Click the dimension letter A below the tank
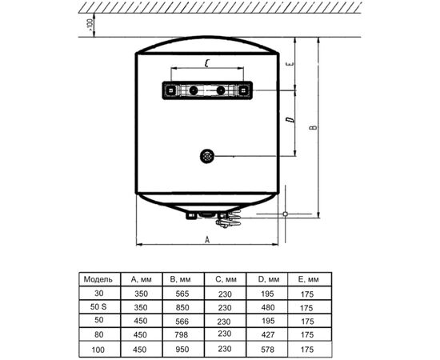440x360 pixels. [x=206, y=240]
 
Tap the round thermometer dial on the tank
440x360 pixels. [x=207, y=155]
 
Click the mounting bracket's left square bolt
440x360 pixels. [x=170, y=90]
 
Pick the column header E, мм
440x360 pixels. [x=308, y=280]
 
